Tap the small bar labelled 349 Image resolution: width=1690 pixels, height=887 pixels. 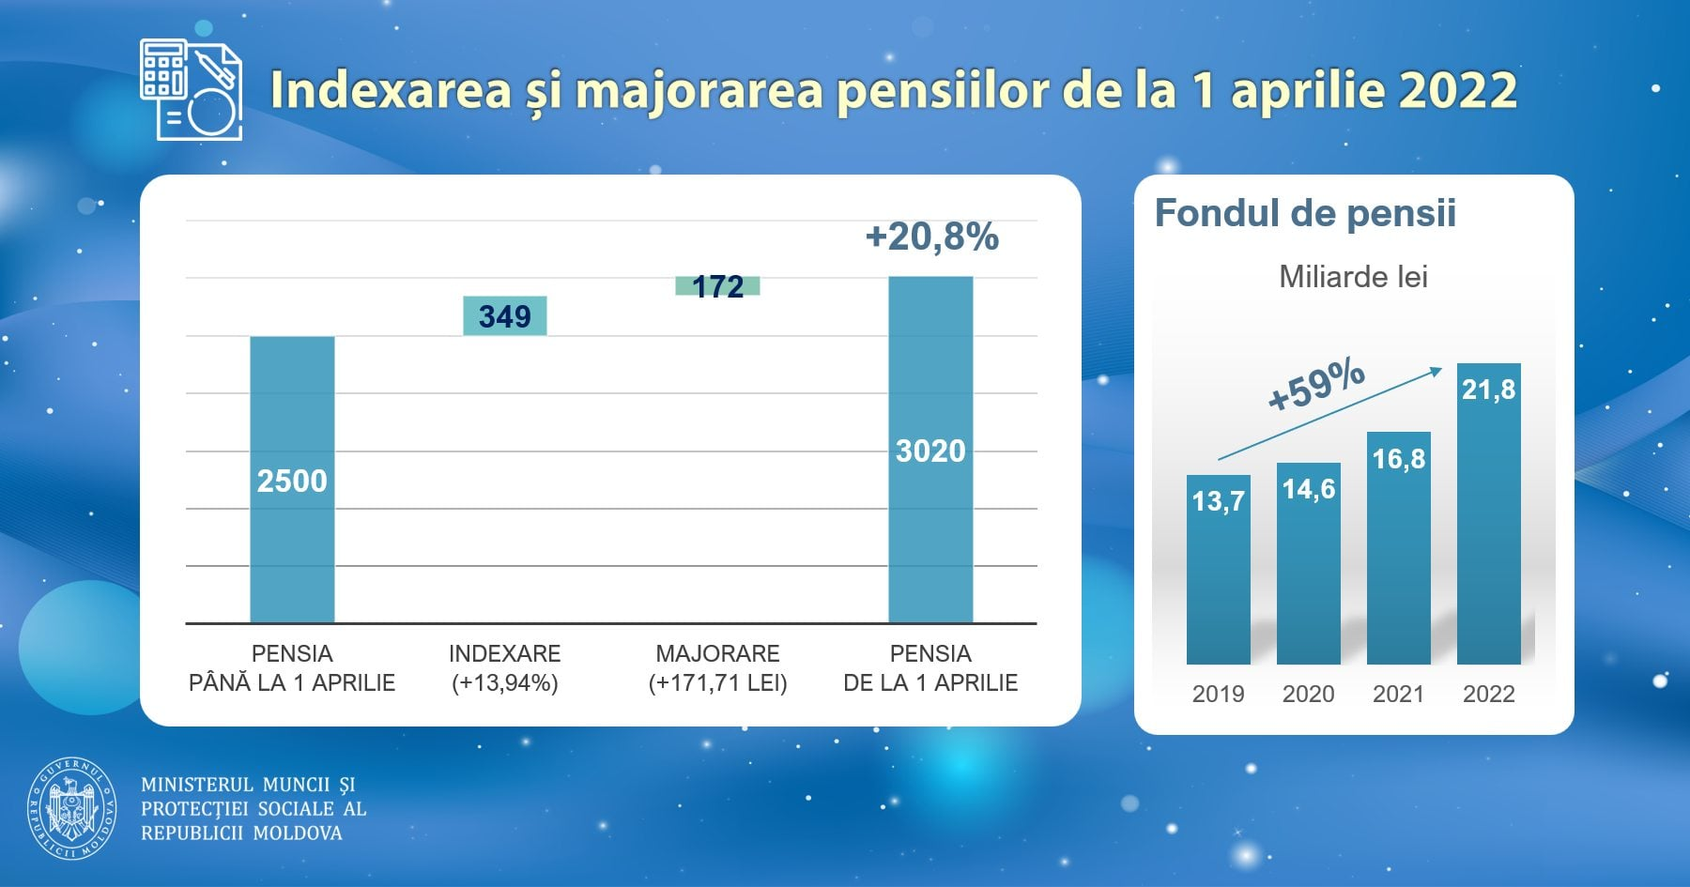point(505,316)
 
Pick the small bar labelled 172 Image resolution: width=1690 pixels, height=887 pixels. point(718,285)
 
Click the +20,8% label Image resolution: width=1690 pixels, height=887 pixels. point(931,237)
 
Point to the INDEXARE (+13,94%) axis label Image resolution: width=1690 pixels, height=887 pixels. point(505,668)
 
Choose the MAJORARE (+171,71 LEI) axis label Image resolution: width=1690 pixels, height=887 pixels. point(718,668)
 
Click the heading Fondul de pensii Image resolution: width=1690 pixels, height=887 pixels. point(1305,213)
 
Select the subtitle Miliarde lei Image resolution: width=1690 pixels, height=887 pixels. point(1353,277)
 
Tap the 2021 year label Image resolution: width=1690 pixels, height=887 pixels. point(1398,694)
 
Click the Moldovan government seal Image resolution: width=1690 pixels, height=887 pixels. point(72,809)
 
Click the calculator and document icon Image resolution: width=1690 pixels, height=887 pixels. point(192,90)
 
